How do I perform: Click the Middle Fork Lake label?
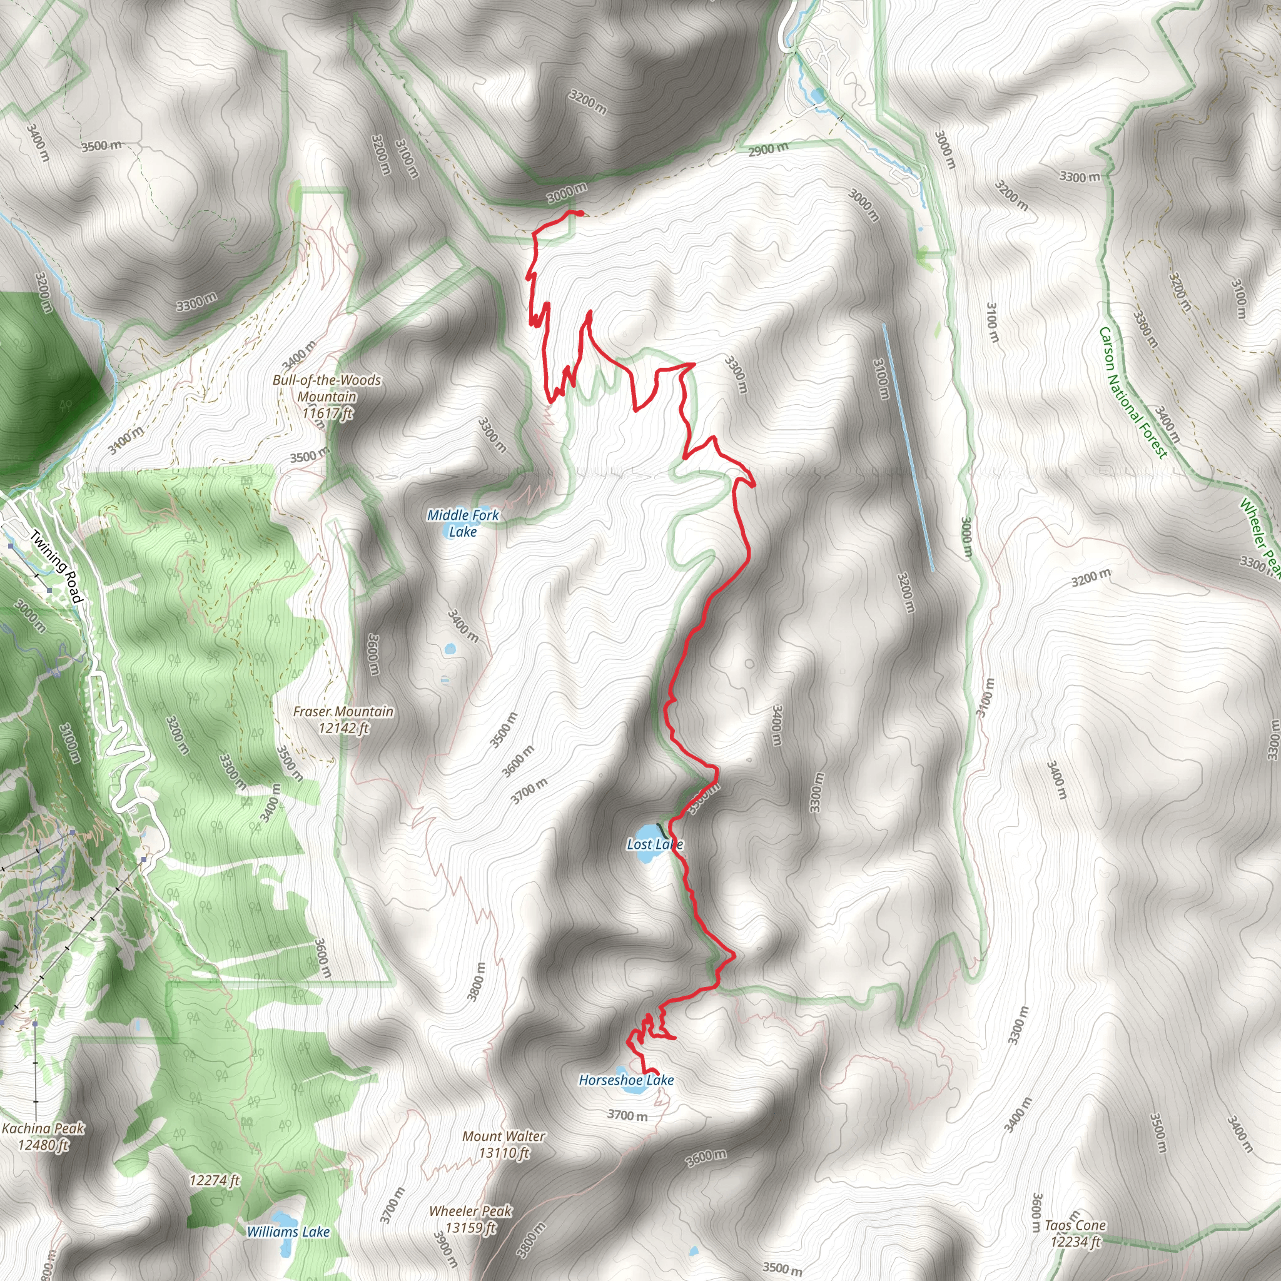[462, 523]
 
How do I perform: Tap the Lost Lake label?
[654, 844]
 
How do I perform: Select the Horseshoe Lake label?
[626, 1080]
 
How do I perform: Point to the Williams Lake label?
[288, 1231]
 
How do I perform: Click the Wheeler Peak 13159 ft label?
[470, 1219]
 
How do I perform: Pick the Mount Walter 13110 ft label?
[504, 1145]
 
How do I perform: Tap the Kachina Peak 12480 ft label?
[43, 1137]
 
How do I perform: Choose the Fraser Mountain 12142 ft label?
[343, 719]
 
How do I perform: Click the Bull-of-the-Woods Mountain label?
[327, 397]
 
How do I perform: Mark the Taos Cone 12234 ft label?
[1075, 1233]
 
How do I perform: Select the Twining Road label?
[56, 567]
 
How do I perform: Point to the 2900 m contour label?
[769, 150]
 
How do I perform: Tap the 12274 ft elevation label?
[214, 1180]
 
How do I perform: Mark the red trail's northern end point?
[582, 213]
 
